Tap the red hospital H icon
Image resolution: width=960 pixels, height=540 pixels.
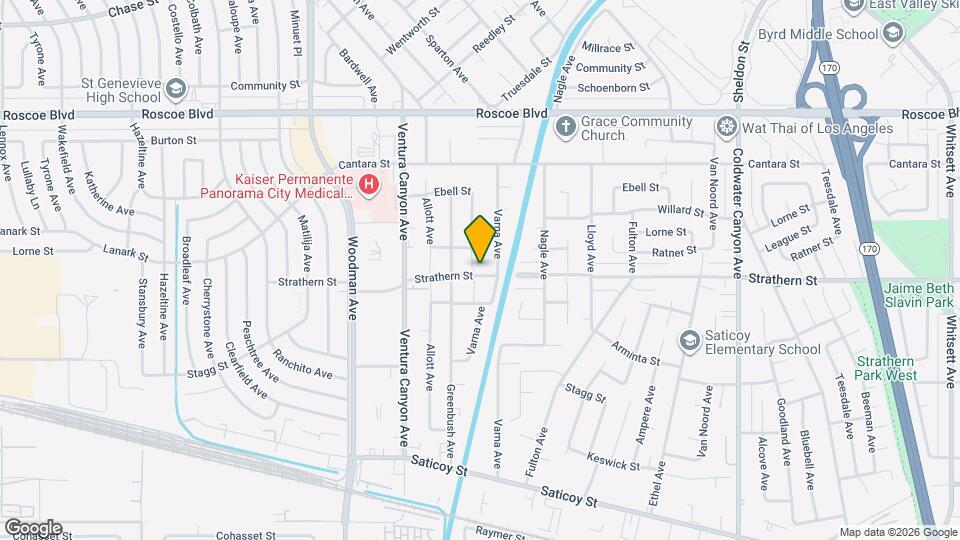pos(369,184)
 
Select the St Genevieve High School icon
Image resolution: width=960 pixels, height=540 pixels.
pos(176,88)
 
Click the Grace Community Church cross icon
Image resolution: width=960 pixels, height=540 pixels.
pos(564,127)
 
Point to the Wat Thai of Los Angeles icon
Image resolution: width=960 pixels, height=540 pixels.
pos(727,127)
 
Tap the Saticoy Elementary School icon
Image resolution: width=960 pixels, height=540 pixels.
pos(688,341)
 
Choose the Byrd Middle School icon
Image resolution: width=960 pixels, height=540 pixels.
pos(892,32)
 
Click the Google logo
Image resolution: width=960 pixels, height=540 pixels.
pos(32,527)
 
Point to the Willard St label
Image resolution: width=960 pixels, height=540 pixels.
pos(681,211)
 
